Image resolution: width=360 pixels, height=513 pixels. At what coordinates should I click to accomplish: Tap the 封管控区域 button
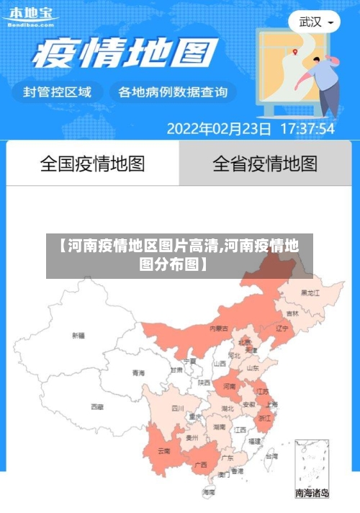[58, 92]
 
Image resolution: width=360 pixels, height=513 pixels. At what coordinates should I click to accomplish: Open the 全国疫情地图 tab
[92, 164]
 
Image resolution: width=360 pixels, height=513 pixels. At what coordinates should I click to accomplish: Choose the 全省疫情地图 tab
[265, 164]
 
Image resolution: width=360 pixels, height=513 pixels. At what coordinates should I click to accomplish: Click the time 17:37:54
[307, 130]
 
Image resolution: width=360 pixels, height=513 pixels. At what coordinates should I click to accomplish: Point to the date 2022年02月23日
[219, 130]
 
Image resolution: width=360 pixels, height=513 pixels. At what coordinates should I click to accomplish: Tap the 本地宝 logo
[30, 16]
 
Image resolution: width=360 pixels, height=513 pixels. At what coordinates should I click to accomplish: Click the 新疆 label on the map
[78, 335]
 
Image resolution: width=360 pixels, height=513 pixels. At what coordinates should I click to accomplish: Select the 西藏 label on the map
[96, 407]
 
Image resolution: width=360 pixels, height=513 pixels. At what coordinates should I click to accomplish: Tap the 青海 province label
[138, 373]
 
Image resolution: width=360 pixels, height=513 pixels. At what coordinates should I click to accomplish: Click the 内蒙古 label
[219, 329]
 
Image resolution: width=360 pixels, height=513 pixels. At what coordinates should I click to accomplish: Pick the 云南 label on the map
[164, 452]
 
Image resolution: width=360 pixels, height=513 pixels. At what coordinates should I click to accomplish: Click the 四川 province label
[177, 409]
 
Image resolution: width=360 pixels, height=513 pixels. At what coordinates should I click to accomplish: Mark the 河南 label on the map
[229, 387]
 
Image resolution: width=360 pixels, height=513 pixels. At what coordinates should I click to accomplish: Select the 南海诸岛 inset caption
[312, 494]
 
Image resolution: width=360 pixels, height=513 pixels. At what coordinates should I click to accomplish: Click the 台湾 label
[271, 456]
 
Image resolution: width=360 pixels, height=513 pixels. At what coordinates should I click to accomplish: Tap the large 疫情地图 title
[126, 54]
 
